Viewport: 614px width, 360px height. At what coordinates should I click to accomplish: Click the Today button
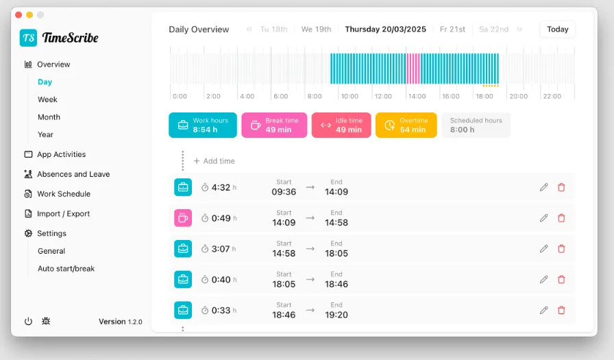tap(557, 29)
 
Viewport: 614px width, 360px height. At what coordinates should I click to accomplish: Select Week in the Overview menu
tap(47, 99)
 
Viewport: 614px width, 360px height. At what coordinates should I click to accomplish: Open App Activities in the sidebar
tap(61, 154)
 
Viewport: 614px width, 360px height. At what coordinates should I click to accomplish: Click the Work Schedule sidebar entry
tap(63, 194)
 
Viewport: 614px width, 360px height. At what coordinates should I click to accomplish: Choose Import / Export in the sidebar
tap(63, 214)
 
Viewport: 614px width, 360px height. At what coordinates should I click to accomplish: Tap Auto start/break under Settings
tap(66, 269)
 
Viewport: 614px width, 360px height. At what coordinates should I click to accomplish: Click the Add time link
tap(214, 161)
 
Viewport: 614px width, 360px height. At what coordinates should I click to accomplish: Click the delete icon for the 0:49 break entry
tap(561, 218)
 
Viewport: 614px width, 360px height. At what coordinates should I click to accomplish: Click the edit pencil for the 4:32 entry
tap(544, 187)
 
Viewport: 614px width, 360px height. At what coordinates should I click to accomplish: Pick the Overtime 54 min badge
tap(406, 125)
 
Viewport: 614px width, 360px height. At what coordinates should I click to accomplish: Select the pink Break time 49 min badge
tap(274, 125)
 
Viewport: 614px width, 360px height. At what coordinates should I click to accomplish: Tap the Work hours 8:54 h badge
tap(203, 125)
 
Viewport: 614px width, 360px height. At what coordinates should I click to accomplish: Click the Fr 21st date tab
tap(452, 29)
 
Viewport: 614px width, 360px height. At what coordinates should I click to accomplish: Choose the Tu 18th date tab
tap(273, 29)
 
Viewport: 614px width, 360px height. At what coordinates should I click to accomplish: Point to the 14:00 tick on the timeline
tap(417, 97)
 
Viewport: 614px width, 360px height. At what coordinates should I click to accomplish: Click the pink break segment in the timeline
tap(413, 69)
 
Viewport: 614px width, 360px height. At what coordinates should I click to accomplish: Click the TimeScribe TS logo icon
tap(28, 38)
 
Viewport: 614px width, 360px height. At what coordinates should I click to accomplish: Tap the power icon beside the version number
tap(28, 321)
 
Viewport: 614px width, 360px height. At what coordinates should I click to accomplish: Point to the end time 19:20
tap(336, 315)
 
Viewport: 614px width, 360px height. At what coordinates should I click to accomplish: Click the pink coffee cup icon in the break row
tap(183, 218)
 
